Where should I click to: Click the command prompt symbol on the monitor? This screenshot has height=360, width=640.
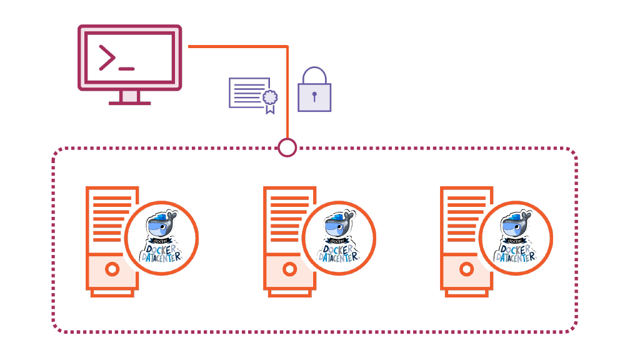point(107,58)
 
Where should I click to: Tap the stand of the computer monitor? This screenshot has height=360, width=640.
point(129,97)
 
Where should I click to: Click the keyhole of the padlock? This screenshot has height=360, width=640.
point(314,97)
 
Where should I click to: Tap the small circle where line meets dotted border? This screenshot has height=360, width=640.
point(287,147)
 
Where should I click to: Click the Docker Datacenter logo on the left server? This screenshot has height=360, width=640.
point(161,238)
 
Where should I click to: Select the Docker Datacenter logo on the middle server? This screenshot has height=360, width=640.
point(339,238)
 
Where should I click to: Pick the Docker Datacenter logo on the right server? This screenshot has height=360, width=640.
point(516,238)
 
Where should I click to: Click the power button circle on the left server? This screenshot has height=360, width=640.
point(112,269)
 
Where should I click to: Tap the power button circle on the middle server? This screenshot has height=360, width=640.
point(289,269)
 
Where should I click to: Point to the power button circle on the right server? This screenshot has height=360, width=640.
point(466,269)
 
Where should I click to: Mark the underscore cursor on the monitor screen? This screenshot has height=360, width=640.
point(126,67)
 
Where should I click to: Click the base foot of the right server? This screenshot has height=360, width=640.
point(466,292)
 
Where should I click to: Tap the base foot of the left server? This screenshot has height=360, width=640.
point(112,292)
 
